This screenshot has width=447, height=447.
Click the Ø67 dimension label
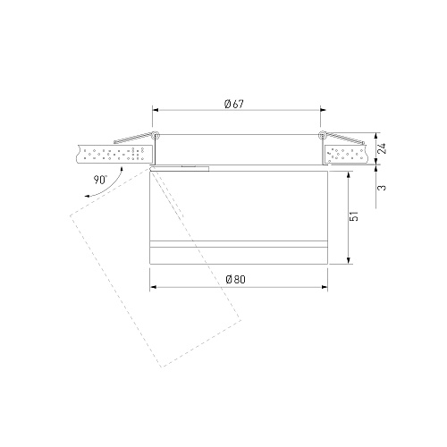tap(234, 104)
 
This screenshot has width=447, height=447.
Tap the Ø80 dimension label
tap(236, 280)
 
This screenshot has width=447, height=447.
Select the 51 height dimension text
tap(354, 216)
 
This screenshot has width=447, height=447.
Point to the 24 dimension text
tap(382, 148)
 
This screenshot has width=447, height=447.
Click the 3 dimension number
tap(382, 188)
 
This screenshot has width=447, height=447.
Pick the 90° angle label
tap(100, 180)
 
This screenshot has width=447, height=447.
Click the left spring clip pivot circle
tap(155, 136)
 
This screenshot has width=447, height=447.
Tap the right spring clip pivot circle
tap(322, 135)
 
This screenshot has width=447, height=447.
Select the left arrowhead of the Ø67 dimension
tap(156, 110)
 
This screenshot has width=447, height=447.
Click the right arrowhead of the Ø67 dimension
tap(323, 110)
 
